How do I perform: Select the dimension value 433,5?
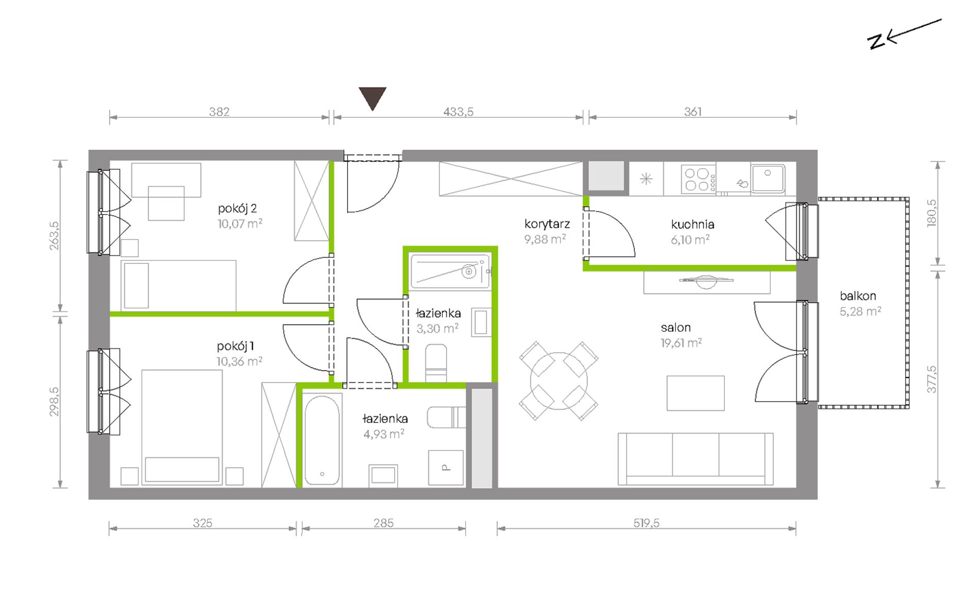pyautogui.click(x=458, y=111)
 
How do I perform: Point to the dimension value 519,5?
pyautogui.click(x=646, y=523)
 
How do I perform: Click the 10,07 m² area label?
pyautogui.click(x=240, y=223)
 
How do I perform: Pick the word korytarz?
pyautogui.click(x=547, y=224)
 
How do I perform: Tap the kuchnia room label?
pyautogui.click(x=693, y=224)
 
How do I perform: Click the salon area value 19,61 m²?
pyautogui.click(x=681, y=343)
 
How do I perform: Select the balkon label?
pyautogui.click(x=858, y=295)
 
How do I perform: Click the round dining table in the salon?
pyautogui.click(x=559, y=381)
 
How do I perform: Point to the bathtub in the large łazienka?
pyautogui.click(x=322, y=440)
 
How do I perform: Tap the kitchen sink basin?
pyautogui.click(x=768, y=178)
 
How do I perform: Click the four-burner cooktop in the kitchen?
pyautogui.click(x=698, y=179)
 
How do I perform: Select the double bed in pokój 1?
pyautogui.click(x=182, y=427)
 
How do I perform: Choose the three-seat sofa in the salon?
pyautogui.click(x=696, y=459)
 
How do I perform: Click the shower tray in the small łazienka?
pyautogui.click(x=450, y=271)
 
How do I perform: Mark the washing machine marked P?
pyautogui.click(x=446, y=467)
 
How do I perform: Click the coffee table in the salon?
pyautogui.click(x=696, y=393)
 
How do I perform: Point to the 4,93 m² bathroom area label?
pyautogui.click(x=384, y=434)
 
